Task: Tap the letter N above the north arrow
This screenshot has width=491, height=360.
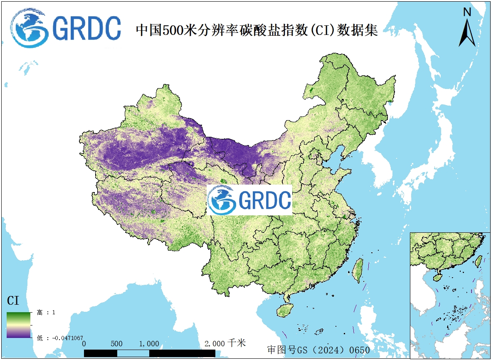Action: (x=467, y=12)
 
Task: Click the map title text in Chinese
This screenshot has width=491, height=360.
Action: (x=257, y=30)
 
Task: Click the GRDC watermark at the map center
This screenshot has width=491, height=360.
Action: (x=249, y=200)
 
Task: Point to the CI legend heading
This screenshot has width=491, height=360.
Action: (x=13, y=301)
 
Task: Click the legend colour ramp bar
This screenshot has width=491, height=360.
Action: (x=18, y=325)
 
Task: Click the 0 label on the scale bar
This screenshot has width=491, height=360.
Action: (x=84, y=344)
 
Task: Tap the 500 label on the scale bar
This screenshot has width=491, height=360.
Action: (x=117, y=344)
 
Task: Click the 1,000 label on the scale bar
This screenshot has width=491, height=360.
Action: (x=149, y=344)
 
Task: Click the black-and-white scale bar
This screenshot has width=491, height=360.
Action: (x=149, y=353)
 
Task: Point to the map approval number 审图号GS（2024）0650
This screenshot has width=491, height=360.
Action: (x=318, y=350)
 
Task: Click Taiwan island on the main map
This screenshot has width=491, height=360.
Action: (x=357, y=270)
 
